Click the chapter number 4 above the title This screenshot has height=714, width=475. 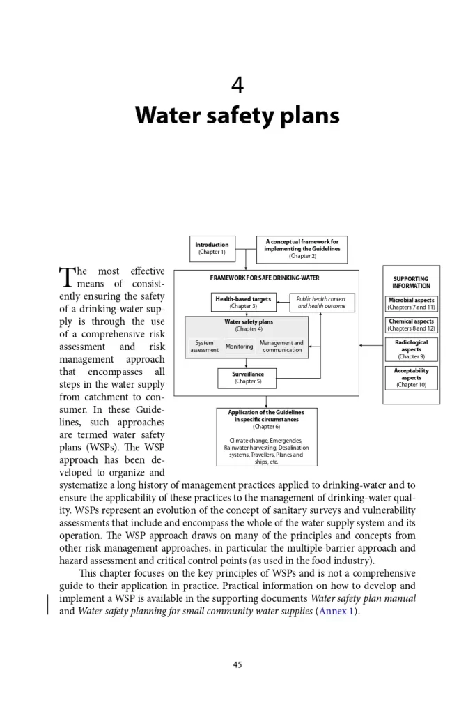point(238,86)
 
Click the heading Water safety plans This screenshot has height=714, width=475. point(238,115)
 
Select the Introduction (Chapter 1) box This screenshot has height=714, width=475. point(212,248)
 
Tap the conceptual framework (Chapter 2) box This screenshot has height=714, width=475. point(302,248)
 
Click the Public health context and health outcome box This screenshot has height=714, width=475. point(321,303)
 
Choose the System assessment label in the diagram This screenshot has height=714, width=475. point(204,347)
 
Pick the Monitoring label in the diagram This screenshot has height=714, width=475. point(239,347)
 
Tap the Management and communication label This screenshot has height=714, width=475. point(281,347)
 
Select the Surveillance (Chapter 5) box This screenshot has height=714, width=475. point(247,378)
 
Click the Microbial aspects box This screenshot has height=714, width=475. point(411,303)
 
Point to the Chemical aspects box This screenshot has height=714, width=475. point(411,325)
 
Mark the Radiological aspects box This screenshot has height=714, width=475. point(411,349)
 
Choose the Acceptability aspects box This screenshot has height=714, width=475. point(411,378)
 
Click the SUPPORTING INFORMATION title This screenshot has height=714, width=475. point(411,282)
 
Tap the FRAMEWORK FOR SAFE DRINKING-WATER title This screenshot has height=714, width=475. point(265,278)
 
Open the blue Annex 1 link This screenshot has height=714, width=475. point(337,612)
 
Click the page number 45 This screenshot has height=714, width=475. point(238,664)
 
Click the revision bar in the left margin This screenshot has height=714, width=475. point(47,605)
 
